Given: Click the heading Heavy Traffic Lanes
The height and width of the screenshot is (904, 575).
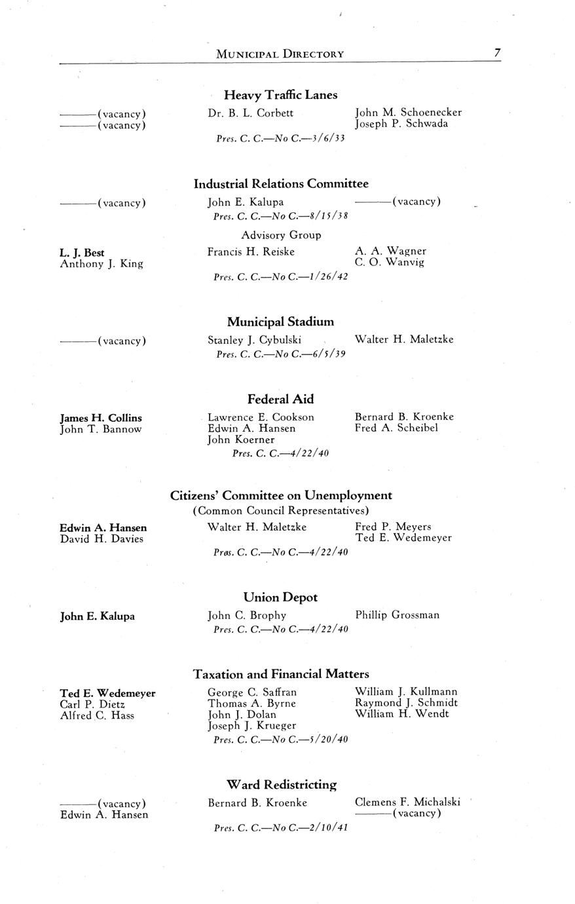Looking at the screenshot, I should [280, 95].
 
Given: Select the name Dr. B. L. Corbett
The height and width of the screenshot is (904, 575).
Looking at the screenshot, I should [250, 113].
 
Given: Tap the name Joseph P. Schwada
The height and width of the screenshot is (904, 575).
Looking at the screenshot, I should [401, 124].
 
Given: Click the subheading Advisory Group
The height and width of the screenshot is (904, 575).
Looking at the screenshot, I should [281, 235].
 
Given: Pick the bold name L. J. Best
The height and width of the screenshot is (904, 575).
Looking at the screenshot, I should [82, 252].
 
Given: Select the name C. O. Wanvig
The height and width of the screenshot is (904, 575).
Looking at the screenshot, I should [390, 263].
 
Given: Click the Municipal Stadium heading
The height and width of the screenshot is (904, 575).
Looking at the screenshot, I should [280, 322].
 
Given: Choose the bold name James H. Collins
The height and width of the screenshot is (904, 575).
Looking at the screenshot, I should [101, 418].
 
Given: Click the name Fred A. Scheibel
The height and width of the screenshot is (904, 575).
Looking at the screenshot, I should [396, 428].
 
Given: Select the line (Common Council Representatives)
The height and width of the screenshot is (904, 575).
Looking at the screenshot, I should [281, 510].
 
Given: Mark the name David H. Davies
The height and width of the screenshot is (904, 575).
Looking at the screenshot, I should [102, 539].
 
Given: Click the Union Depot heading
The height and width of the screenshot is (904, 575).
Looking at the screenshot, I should [280, 597].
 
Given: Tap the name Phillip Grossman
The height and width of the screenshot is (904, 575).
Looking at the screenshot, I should [398, 615].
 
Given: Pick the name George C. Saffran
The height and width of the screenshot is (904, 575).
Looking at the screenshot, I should [252, 692].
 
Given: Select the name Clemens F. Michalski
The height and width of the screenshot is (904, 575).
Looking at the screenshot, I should [407, 802].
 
